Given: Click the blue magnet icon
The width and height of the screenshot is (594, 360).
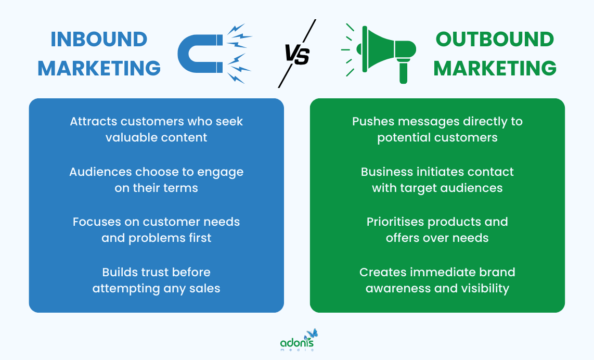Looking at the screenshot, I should pyautogui.click(x=200, y=54).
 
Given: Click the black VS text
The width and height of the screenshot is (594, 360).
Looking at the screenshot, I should pyautogui.click(x=297, y=55).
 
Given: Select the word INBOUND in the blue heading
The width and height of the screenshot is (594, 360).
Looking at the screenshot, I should pyautogui.click(x=99, y=40).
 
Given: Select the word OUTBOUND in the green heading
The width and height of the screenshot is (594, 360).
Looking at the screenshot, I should pyautogui.click(x=495, y=40).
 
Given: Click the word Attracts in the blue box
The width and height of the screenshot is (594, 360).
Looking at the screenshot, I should pyautogui.click(x=93, y=121).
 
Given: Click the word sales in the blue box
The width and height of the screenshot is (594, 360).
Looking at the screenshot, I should pyautogui.click(x=205, y=288).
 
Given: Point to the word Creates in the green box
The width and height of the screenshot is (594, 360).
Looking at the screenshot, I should pyautogui.click(x=381, y=272).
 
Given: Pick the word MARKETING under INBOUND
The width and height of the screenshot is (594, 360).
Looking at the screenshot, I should pyautogui.click(x=99, y=68).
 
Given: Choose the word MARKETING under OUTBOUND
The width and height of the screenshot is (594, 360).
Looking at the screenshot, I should pyautogui.click(x=495, y=68).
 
